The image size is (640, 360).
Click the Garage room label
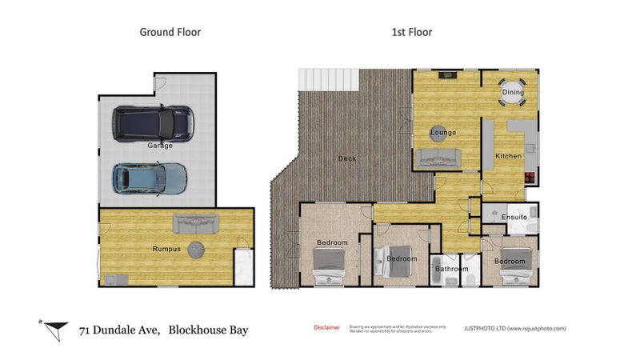click(160, 146)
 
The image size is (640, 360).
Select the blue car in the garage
click(150, 178)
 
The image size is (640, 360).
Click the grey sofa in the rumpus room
click(196, 222)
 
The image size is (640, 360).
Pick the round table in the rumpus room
click(197, 247)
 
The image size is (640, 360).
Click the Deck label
click(347, 158)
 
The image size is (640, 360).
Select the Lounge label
click(442, 132)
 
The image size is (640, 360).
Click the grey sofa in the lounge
click(437, 158)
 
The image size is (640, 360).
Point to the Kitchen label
click(509, 156)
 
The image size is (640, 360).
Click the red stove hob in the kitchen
click(529, 178)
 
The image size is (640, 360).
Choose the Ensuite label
click(514, 218)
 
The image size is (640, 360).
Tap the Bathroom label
click(451, 270)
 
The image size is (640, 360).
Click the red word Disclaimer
click(326, 327)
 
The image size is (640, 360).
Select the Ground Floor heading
click(170, 33)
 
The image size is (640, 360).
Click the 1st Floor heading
click(411, 33)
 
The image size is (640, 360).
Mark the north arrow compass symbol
click(54, 326)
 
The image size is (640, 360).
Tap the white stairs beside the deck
click(329, 79)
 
